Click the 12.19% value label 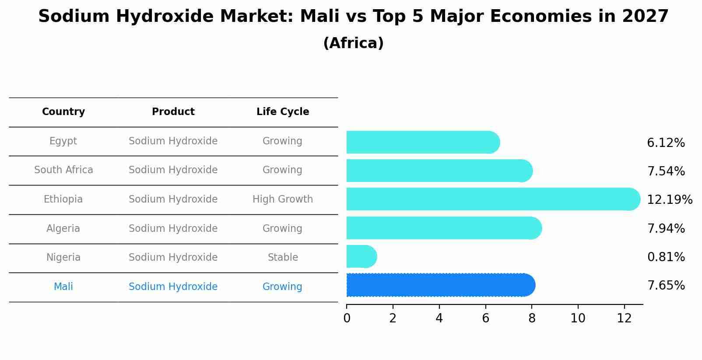(669, 200)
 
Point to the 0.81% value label (666, 257)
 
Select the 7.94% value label (666, 228)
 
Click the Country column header (63, 112)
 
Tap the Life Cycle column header (283, 112)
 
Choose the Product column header (173, 112)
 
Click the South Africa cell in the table (63, 170)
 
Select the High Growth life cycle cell (283, 199)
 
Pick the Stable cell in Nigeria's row (283, 258)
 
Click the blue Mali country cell (63, 287)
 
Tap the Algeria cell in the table (63, 229)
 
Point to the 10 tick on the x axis (578, 318)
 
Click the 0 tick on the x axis (347, 318)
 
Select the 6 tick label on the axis (485, 318)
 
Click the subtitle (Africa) (353, 43)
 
